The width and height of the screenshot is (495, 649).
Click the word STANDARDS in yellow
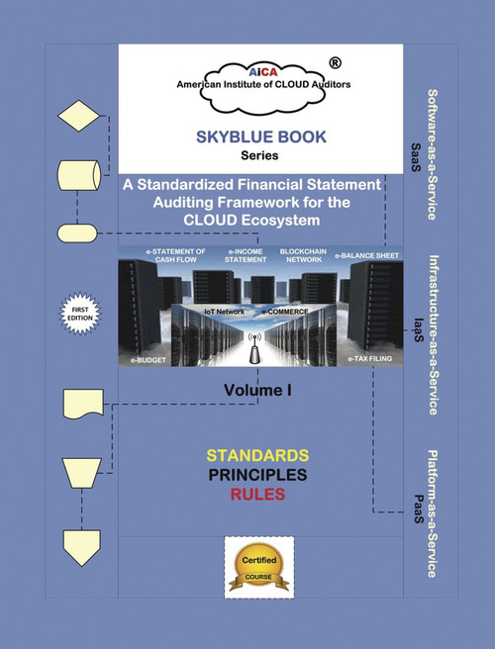(256, 455)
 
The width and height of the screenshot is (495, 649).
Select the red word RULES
(256, 495)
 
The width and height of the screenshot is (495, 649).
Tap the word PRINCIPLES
(256, 475)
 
